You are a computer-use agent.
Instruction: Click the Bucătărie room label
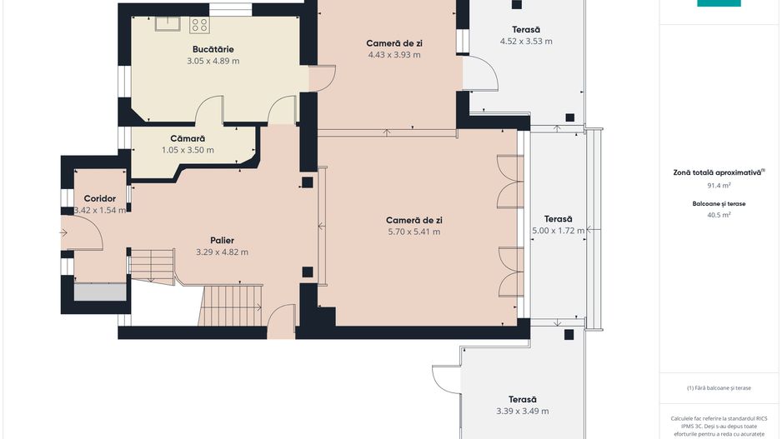[213, 49]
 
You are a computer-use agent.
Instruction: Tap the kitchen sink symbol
[168, 24]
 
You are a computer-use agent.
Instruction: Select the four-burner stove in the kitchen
[199, 25]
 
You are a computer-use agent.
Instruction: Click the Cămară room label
[188, 138]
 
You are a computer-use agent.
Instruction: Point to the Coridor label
[100, 198]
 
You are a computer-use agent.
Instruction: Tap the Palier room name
[222, 241]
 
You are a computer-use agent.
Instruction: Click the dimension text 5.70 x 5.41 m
[414, 232]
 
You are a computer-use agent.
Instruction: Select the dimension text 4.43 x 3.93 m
[394, 55]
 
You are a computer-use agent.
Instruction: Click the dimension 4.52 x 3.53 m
[526, 42]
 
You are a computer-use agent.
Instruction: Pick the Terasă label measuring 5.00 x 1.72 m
[558, 219]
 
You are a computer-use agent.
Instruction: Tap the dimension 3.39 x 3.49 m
[522, 412]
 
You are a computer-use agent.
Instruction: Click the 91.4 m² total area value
[719, 186]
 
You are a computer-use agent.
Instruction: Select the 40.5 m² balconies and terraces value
[719, 215]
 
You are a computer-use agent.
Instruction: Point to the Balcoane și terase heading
[719, 204]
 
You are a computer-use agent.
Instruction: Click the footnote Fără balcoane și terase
[719, 387]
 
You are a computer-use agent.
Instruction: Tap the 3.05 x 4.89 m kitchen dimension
[213, 61]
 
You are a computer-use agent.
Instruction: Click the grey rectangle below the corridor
[100, 292]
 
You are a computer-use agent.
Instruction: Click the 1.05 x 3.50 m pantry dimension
[188, 150]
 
